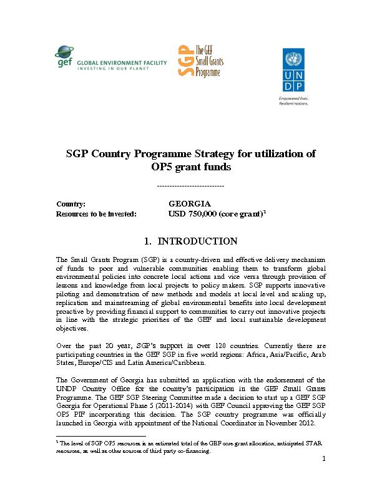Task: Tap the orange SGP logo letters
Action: point(184,61)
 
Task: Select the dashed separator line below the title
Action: point(190,186)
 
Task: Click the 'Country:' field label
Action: point(71,204)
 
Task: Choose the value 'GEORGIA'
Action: point(190,204)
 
